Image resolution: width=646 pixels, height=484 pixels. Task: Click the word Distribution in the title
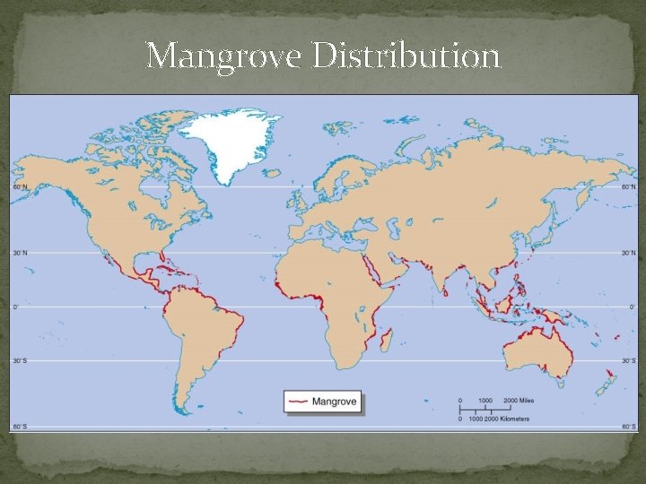tap(406, 56)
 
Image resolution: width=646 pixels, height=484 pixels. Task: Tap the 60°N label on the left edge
tap(20, 187)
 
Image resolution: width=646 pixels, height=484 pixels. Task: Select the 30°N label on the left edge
tap(20, 253)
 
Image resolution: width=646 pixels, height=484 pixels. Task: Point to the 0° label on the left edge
tap(16, 307)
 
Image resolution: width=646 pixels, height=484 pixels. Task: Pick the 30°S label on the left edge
tap(20, 362)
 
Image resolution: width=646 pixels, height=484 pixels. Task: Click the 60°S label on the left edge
tap(20, 428)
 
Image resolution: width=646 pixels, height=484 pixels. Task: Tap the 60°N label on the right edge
tap(627, 187)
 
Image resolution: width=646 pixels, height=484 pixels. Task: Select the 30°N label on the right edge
tap(627, 253)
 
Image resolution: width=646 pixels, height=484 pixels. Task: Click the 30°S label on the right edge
tap(627, 362)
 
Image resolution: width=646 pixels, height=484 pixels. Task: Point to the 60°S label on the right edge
tap(627, 428)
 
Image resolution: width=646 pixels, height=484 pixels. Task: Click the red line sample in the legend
tap(298, 402)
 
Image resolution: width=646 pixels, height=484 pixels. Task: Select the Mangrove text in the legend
tap(334, 402)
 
